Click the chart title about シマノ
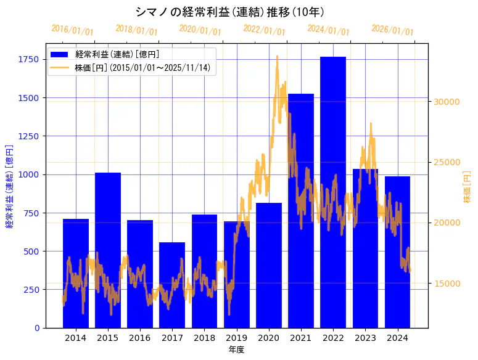point(229,12)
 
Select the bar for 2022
point(333,192)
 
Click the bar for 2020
point(269,265)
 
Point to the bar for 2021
point(301,210)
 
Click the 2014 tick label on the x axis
point(76,338)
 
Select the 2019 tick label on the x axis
point(237,338)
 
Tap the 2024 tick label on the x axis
point(398,338)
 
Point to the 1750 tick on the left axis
point(28,59)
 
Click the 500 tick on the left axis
point(31,251)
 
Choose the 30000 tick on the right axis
point(447,102)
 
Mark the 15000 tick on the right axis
point(447,283)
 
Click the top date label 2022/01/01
point(264,30)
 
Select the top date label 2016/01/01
point(72,30)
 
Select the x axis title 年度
point(236,350)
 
